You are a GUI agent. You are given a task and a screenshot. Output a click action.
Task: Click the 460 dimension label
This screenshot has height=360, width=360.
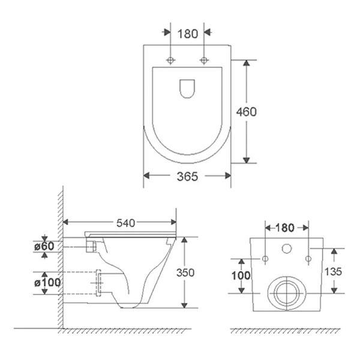pos(247,112)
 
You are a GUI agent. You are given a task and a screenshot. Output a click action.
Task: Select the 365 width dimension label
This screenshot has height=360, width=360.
pos(187,176)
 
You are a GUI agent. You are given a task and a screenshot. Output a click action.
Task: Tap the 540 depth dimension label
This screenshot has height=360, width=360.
pos(126,223)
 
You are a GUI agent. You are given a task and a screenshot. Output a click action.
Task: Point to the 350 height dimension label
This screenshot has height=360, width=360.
pos(185,272)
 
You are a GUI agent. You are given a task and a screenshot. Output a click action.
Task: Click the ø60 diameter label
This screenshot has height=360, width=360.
pos(44,247)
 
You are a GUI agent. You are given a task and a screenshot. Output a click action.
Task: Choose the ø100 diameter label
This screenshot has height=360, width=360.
pos(47,283)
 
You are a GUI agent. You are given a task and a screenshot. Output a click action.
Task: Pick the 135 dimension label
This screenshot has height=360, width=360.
pos(333,272)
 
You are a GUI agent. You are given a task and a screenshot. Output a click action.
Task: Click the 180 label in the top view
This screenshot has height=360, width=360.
pos(188,34)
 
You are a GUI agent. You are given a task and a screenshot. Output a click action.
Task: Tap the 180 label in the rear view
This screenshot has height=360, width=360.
pos(284,228)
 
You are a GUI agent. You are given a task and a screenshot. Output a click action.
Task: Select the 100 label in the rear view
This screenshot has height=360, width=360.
pos(241,275)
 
